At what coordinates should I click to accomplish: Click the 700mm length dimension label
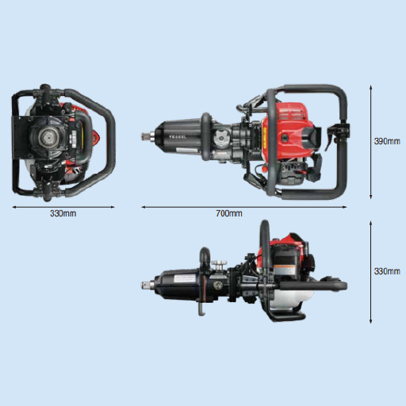(x=229, y=214)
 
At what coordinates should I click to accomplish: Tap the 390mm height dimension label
(x=387, y=141)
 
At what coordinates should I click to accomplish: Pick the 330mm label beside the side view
(x=387, y=271)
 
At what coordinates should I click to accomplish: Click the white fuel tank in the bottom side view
(x=289, y=298)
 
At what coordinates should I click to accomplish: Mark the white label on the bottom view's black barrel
(x=182, y=281)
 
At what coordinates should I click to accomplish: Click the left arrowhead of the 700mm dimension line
(x=144, y=207)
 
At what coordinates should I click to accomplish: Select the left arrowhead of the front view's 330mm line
(x=13, y=207)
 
